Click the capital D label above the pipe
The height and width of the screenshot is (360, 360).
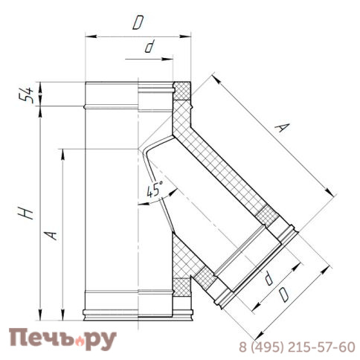pos(138,23)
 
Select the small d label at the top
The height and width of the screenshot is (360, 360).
pos(150,47)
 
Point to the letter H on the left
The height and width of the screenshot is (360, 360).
pos(28,213)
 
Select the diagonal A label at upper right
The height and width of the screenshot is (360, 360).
pos(280,128)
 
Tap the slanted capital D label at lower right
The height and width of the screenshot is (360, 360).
pos(283,295)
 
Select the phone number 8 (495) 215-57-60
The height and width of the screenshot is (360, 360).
pos(296,347)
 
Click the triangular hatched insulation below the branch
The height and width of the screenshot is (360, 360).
pos(182,265)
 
